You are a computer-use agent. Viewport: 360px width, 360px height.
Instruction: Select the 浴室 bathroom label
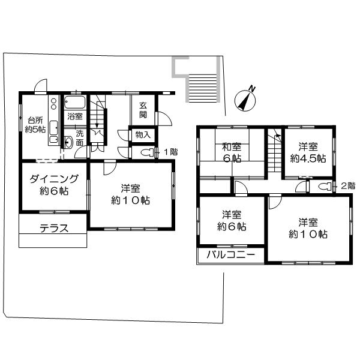click(75, 116)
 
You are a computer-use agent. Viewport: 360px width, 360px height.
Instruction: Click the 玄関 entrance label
click(143, 109)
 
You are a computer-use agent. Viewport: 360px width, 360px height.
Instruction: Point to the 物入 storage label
click(143, 135)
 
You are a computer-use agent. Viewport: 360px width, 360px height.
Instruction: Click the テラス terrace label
click(54, 228)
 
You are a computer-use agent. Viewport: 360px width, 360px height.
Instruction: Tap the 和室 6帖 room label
click(232, 152)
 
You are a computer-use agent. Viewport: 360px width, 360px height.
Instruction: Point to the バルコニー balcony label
click(231, 254)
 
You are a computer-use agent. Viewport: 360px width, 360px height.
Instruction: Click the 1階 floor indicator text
click(171, 152)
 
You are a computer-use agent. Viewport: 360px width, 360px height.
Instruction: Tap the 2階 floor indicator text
click(347, 186)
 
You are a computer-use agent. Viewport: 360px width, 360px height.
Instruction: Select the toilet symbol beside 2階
click(325, 186)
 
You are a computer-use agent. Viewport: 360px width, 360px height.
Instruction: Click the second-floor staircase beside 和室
click(275, 150)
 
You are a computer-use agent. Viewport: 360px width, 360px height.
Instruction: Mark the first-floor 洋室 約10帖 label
click(130, 194)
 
